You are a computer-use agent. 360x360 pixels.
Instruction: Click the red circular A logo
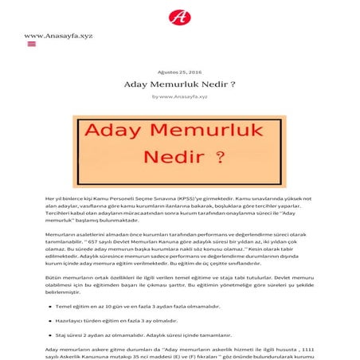point(179,16)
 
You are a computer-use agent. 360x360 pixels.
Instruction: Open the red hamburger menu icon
point(32,45)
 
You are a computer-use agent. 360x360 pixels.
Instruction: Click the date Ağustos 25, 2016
point(179,71)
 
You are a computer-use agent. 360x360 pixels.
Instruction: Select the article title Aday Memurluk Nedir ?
point(179,84)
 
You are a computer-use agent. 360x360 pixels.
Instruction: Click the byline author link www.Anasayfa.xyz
point(183,96)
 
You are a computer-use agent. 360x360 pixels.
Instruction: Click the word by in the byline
point(155,96)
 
